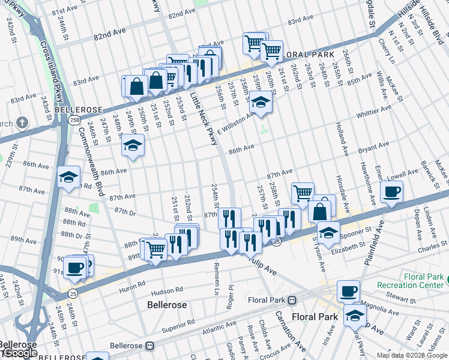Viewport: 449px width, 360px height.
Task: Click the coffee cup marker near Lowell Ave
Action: click(x=391, y=192)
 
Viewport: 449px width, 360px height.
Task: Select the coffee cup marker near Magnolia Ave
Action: click(x=348, y=292)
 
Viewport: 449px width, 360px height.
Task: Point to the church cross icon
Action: click(x=22, y=123)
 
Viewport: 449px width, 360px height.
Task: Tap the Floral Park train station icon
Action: click(x=292, y=300)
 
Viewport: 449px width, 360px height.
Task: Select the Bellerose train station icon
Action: click(x=151, y=346)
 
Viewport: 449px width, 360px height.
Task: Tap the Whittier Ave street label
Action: click(x=373, y=111)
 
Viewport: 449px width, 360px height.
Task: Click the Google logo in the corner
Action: click(x=20, y=353)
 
